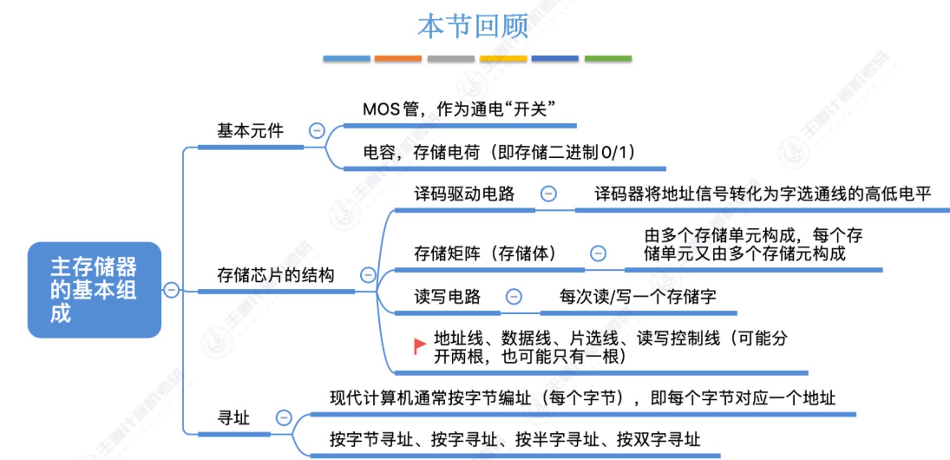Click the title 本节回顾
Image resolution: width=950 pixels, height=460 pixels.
click(473, 25)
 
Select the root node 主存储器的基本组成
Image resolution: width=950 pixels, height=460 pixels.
click(94, 289)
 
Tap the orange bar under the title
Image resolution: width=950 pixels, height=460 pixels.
click(398, 59)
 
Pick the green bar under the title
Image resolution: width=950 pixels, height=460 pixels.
click(607, 59)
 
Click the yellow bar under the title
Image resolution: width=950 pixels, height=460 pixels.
click(503, 59)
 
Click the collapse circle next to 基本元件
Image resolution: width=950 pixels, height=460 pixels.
click(317, 131)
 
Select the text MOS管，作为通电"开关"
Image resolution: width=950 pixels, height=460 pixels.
click(459, 109)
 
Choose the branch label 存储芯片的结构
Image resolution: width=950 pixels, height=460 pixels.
click(275, 275)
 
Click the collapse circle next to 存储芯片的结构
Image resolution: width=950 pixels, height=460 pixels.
click(368, 275)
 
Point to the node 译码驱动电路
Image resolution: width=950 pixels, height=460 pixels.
click(464, 194)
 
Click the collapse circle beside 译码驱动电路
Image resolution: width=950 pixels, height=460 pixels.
click(548, 194)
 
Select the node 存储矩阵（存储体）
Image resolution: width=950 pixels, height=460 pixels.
click(485, 253)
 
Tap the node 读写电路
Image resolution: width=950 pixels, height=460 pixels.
click(448, 296)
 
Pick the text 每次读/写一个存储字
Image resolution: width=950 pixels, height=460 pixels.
click(638, 296)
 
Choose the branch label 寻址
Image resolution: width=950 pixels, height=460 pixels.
click(233, 418)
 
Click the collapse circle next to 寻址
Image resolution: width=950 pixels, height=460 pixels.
click(284, 418)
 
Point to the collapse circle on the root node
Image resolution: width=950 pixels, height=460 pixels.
click(172, 290)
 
